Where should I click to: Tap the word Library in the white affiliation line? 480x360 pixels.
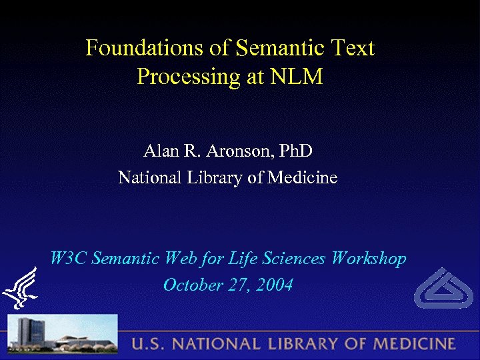click(219, 178)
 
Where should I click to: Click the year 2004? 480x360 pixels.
click(273, 285)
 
